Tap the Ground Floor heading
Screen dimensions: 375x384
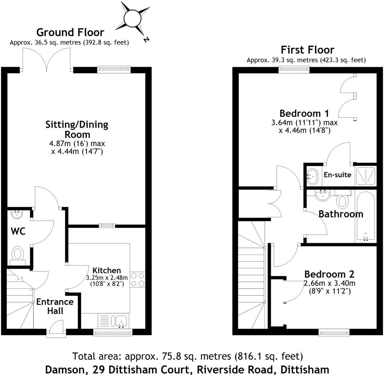point(70,32)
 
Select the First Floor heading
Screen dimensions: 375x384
point(307,50)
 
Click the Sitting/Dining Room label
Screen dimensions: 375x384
point(77,129)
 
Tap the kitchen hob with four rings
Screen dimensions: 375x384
point(138,279)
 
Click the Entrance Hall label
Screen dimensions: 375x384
point(55,306)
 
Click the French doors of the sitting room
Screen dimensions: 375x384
point(46,58)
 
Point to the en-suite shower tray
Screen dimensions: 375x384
point(366,176)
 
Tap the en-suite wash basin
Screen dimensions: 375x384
point(312,175)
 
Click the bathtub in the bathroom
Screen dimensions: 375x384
point(366,216)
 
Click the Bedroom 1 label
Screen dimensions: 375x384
point(304,113)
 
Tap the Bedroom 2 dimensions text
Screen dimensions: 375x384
point(330,287)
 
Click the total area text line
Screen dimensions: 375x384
point(187,356)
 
